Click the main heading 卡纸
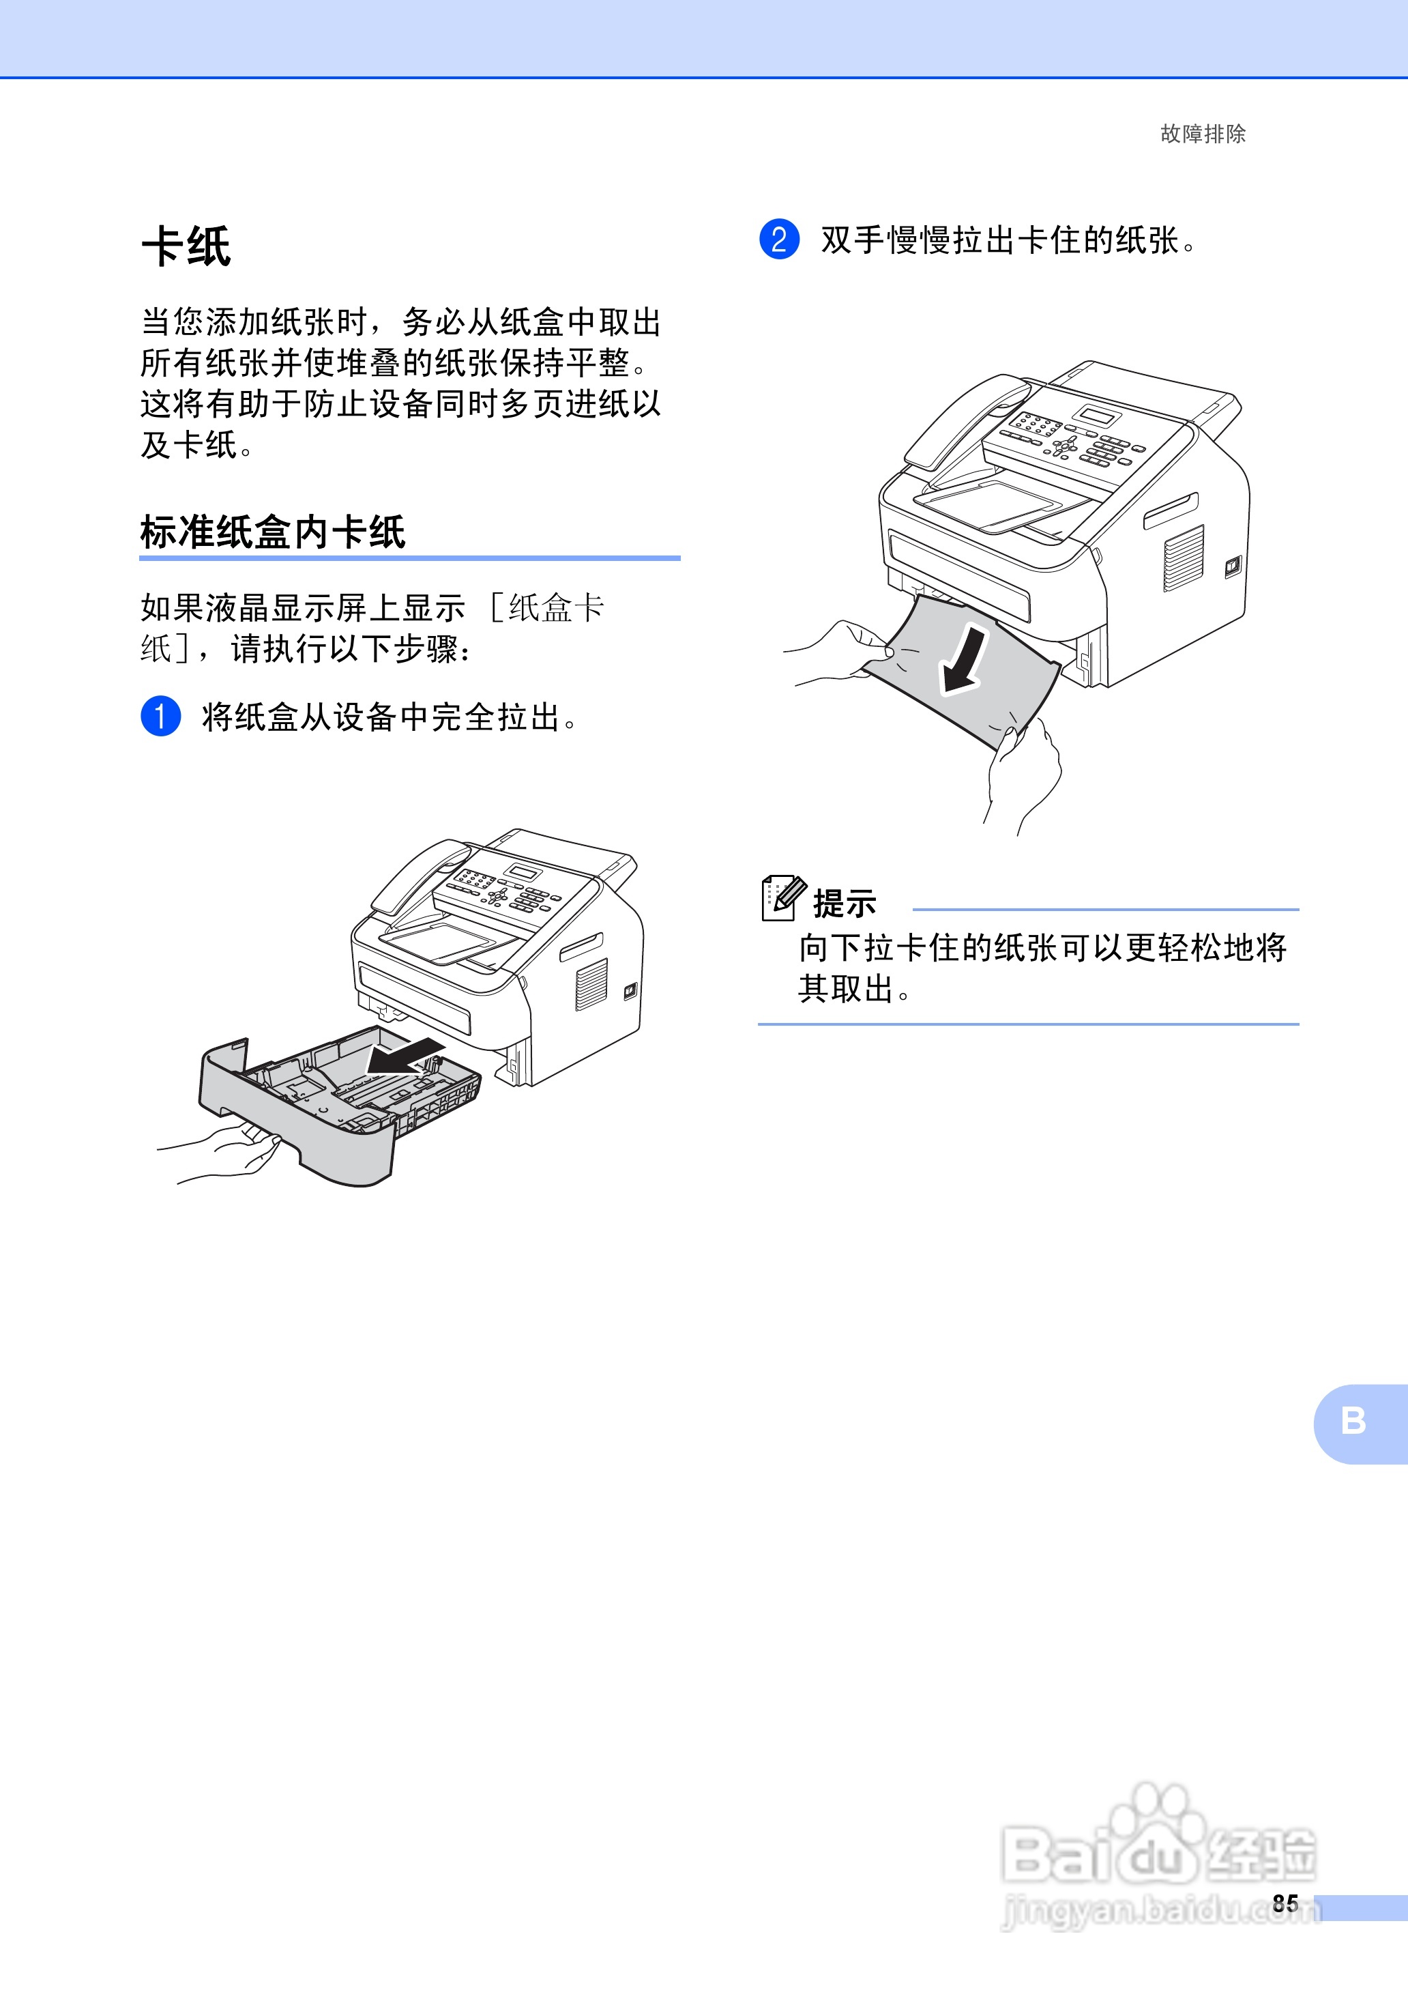186,246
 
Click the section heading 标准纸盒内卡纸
272,532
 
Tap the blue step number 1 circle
160,717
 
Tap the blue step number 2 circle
778,240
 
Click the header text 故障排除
1202,134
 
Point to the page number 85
1285,1903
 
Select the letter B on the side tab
1353,1421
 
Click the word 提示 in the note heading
845,904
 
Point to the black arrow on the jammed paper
965,661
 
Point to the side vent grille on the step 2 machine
1183,560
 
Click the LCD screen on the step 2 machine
1098,414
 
